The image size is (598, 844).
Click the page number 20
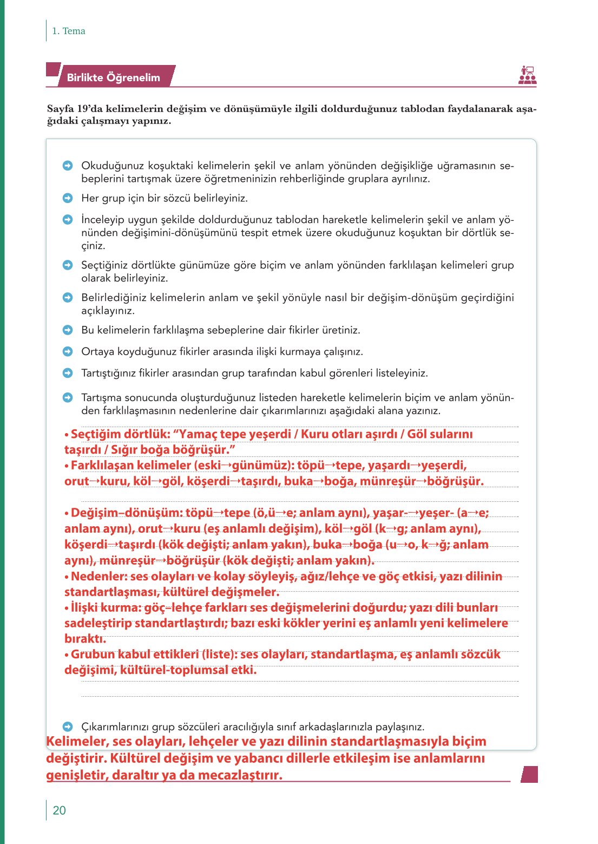59,810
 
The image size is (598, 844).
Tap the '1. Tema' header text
68,31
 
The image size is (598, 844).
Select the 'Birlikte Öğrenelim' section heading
113,77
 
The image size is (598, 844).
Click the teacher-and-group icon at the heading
527,75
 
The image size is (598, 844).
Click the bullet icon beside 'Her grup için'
68,198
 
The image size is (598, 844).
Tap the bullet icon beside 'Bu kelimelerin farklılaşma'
68,330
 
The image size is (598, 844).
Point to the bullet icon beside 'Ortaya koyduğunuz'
68,351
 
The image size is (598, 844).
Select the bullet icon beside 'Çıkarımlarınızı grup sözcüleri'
68,727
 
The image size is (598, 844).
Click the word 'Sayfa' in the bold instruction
61,109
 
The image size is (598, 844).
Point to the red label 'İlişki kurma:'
104,608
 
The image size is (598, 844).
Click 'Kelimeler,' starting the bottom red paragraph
77,741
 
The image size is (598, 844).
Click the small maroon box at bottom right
529,774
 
